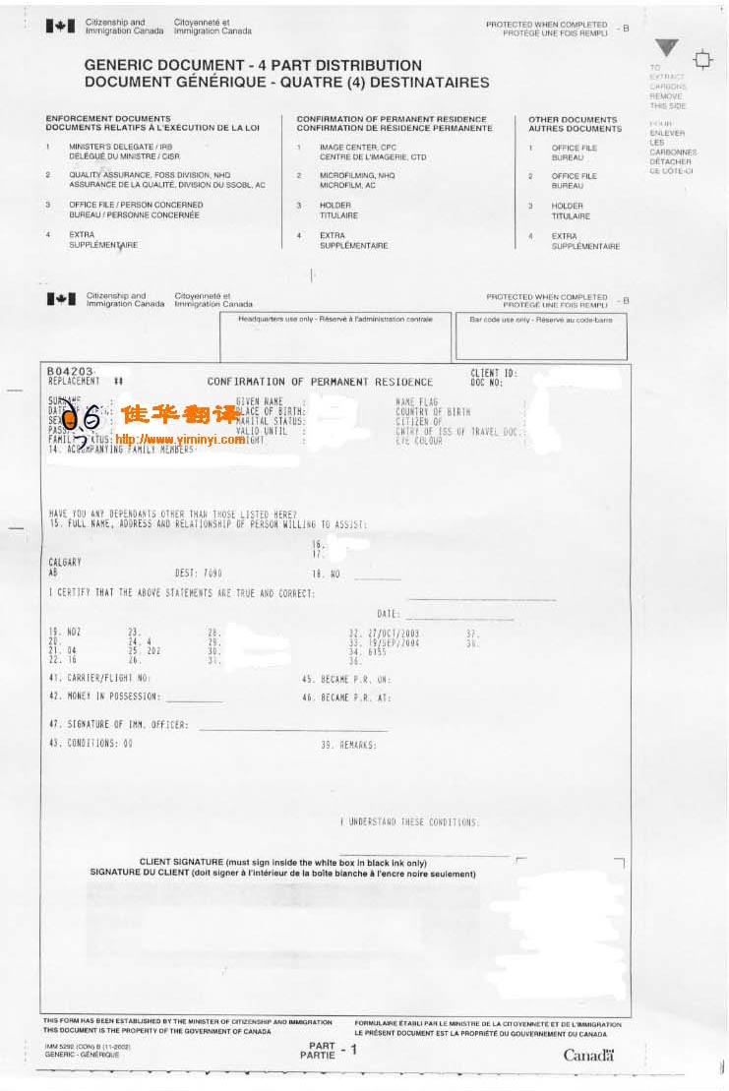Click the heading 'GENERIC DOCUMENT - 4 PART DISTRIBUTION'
tap(253, 65)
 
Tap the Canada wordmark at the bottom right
tap(588, 1056)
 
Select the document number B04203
tap(70, 371)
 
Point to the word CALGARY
tap(65, 562)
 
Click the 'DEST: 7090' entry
tap(199, 572)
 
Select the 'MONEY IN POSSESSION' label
tap(104, 697)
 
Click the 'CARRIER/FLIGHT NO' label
tap(99, 678)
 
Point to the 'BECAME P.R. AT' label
tap(346, 697)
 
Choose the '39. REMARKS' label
tap(348, 745)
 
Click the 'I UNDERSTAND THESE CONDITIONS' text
tap(409, 821)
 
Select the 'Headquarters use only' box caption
tap(334, 319)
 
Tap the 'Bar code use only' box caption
tap(540, 319)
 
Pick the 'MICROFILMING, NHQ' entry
tap(357, 176)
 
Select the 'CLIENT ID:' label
tap(491, 373)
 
